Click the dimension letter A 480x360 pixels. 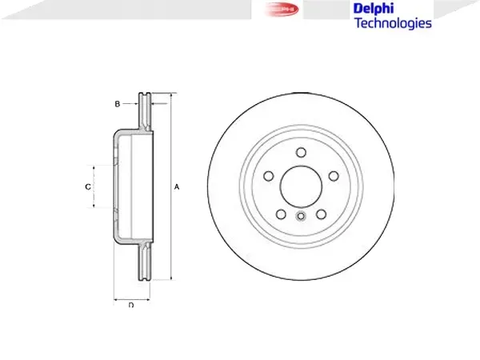[177, 186]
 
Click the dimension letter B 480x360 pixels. [117, 105]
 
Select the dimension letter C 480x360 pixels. [87, 186]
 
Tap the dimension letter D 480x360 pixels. [130, 305]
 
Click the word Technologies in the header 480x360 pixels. [392, 23]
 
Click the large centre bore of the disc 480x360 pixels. [301, 186]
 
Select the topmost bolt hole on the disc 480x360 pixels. [301, 153]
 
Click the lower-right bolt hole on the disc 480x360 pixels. [321, 214]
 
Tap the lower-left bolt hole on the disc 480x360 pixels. [281, 214]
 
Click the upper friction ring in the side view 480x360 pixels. [145, 112]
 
